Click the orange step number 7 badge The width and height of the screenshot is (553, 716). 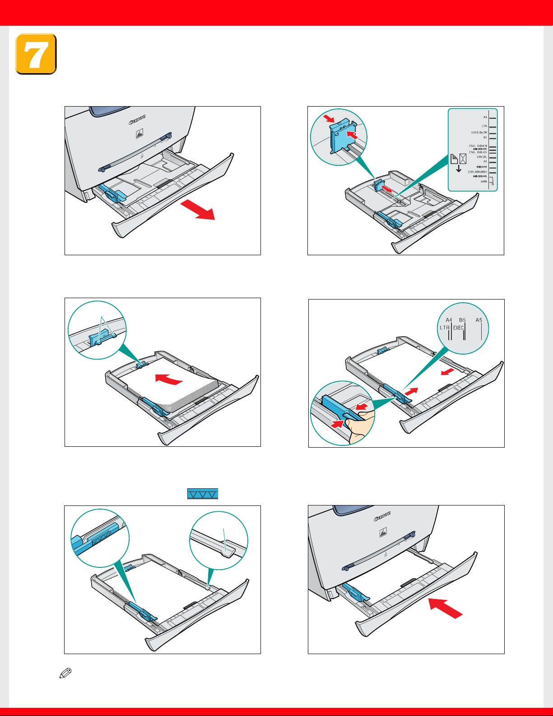pos(36,54)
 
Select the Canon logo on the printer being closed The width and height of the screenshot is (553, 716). pos(382,516)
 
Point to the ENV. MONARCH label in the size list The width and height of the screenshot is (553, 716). pos(477,172)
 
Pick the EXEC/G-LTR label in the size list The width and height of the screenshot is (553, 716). pos(479,133)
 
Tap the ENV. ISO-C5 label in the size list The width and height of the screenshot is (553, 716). pos(478,152)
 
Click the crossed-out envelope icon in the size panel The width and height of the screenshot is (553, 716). pos(463,159)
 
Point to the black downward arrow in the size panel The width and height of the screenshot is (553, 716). pos(459,169)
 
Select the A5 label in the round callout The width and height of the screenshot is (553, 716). pos(479,320)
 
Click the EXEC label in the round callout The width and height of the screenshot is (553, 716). pos(458,328)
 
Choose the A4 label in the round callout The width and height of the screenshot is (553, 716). pos(449,320)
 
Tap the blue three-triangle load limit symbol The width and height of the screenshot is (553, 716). pos(203,494)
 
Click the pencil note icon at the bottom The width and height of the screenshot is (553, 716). pos(65,674)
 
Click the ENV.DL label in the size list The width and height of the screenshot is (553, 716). pos(482,157)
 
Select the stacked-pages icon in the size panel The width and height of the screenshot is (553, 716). pos(455,159)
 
